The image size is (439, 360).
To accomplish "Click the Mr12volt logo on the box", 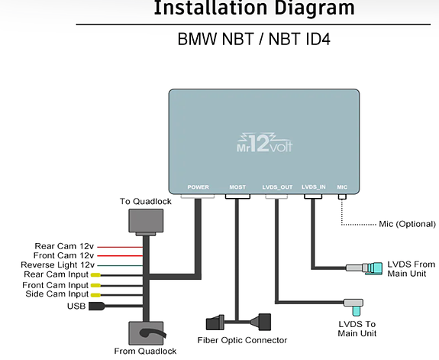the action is [x=265, y=143].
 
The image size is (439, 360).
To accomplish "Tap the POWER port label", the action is [x=198, y=187].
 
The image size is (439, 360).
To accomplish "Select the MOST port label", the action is [x=237, y=187].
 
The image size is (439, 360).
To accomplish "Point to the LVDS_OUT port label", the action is [x=277, y=187].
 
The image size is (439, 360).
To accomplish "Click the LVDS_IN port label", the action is [x=313, y=187].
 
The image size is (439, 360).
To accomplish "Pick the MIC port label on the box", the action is [x=342, y=187].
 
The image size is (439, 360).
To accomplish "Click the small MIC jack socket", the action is [x=342, y=197].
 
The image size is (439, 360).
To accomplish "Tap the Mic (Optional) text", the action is [x=407, y=224].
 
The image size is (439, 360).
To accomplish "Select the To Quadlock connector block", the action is [x=146, y=222].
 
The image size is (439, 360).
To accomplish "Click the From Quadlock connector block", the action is [x=146, y=333].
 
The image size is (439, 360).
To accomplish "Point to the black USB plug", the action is [x=97, y=306].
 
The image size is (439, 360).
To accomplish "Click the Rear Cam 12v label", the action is [x=64, y=246].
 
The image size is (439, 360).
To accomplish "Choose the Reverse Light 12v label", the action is [x=58, y=265].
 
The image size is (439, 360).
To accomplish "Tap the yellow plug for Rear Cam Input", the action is [x=95, y=275].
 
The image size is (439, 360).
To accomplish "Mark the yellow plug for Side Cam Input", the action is [x=95, y=295].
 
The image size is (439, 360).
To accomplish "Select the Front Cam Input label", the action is [x=56, y=285].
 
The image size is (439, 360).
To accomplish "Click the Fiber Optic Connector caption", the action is [x=242, y=340].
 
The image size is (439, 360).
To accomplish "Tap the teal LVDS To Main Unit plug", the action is [x=357, y=310].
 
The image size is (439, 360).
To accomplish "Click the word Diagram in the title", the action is [x=315, y=8].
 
